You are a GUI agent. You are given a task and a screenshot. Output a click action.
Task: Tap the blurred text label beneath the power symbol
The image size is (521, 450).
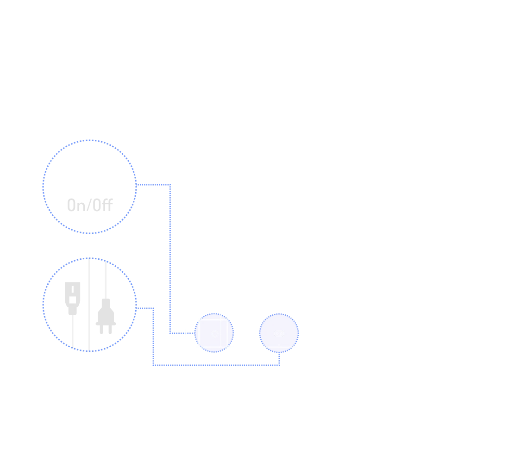click(x=91, y=204)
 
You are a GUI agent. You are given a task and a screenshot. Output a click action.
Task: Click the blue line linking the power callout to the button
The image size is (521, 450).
click(x=171, y=259)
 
